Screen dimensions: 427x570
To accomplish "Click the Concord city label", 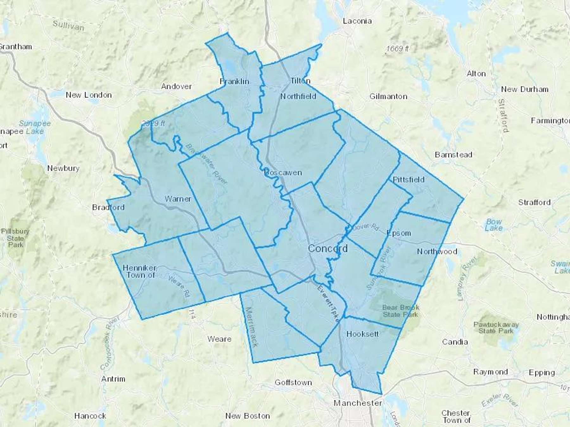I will click(x=327, y=248).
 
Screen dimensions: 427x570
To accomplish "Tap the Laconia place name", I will click(x=357, y=21).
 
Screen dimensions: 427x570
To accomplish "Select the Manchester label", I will click(x=358, y=403).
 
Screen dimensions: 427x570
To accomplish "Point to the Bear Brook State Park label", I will click(x=401, y=311).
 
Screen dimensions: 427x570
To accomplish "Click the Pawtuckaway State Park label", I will click(x=496, y=328).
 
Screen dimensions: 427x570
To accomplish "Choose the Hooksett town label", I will click(x=362, y=334).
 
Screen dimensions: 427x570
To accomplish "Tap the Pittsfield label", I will click(x=408, y=180).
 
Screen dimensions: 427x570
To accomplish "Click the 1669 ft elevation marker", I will click(x=397, y=48).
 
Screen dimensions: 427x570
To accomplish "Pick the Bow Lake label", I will click(x=494, y=225).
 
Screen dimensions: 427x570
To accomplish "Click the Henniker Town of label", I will click(x=140, y=271).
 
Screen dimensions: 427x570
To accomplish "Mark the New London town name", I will click(x=89, y=95).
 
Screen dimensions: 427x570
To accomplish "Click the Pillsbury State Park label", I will click(x=15, y=238).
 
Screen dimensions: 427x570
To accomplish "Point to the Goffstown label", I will click(x=293, y=382).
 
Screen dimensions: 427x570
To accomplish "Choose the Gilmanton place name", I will click(x=388, y=96).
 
